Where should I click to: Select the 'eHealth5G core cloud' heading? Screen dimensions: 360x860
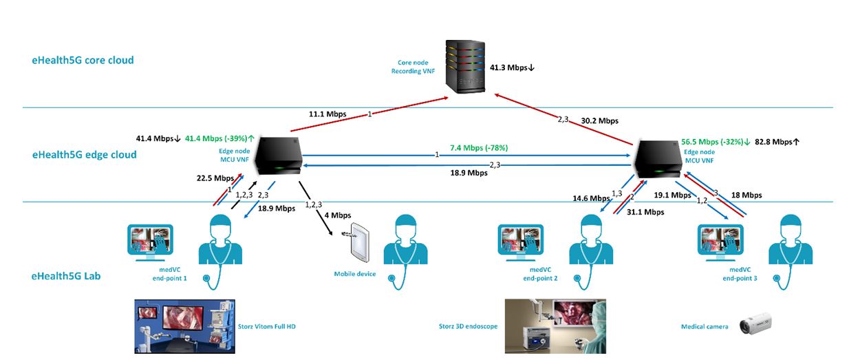click(x=83, y=60)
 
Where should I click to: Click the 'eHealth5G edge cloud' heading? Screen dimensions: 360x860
click(x=85, y=155)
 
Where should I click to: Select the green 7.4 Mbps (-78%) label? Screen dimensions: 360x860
click(x=479, y=148)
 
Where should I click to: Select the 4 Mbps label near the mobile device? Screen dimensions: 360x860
click(x=336, y=215)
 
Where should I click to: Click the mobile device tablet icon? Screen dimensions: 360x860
click(x=360, y=242)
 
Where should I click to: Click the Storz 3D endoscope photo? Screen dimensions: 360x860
click(x=555, y=326)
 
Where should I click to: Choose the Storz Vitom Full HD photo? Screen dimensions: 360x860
click(x=184, y=326)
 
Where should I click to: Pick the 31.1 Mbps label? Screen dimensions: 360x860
click(x=645, y=212)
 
